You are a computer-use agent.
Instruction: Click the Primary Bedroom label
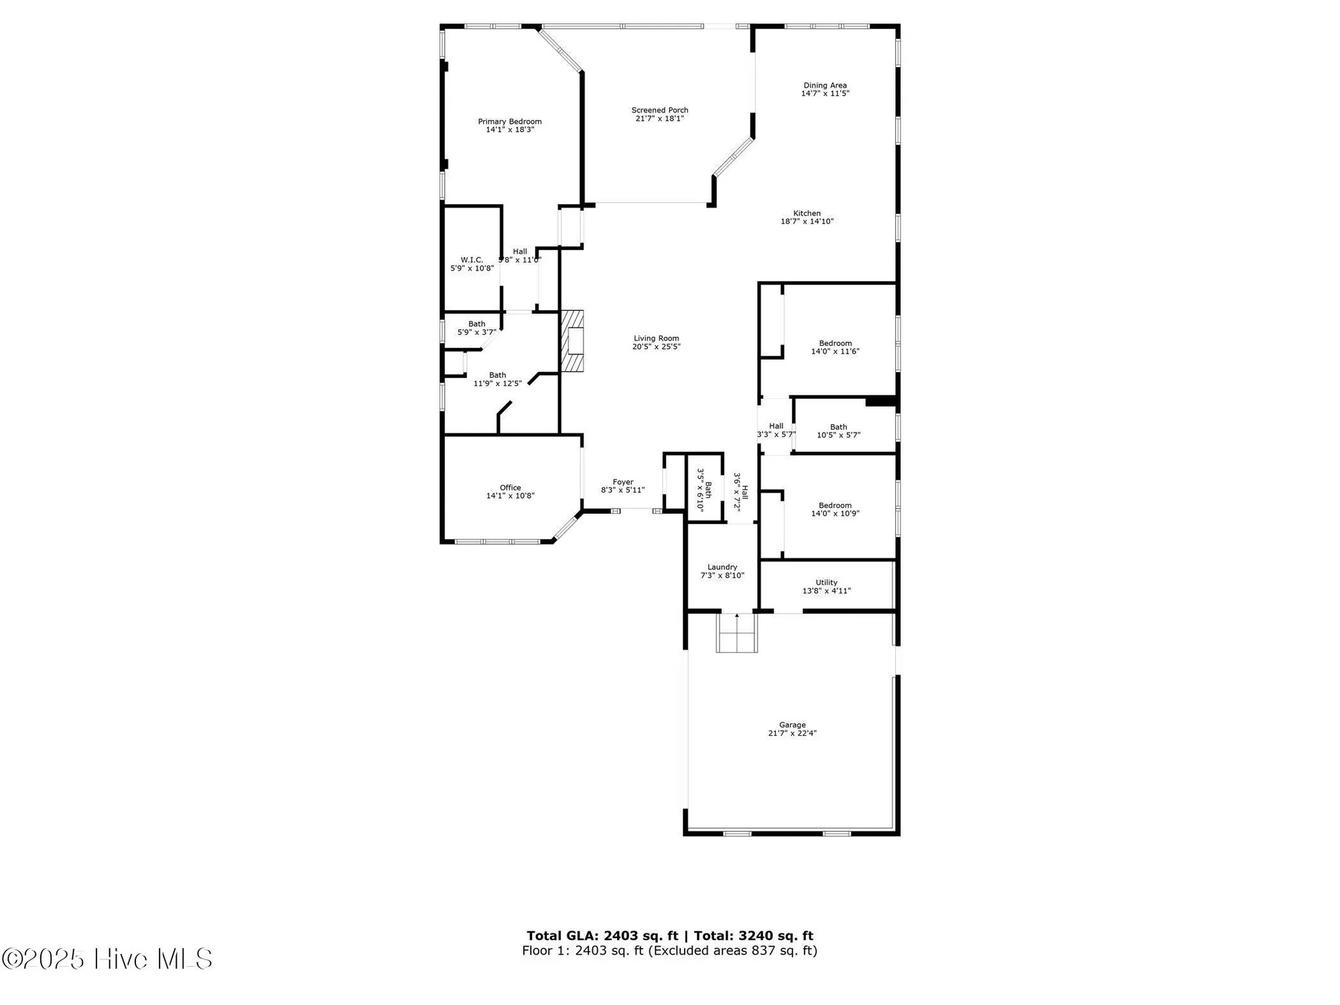[x=509, y=121]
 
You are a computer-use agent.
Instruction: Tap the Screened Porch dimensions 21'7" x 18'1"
[x=659, y=119]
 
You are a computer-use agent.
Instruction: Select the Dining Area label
[x=825, y=85]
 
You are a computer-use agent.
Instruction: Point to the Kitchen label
[x=807, y=213]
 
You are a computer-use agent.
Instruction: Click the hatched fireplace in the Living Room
[x=572, y=340]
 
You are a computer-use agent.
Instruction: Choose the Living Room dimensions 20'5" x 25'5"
[x=656, y=347]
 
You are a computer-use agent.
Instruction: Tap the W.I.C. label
[x=472, y=260]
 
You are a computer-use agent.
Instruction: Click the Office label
[x=510, y=487]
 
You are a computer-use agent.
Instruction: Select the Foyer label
[x=622, y=482]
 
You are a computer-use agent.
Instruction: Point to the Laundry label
[x=722, y=567]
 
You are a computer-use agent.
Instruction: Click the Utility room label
[x=826, y=582]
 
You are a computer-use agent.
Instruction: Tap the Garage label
[x=792, y=724]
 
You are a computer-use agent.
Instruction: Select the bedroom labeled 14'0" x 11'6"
[x=835, y=347]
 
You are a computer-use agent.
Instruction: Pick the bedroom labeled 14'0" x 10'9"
[x=835, y=509]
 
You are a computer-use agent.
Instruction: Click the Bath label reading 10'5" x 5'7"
[x=838, y=431]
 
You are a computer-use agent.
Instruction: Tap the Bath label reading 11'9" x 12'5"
[x=497, y=379]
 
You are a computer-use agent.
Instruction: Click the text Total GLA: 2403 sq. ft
[x=602, y=936]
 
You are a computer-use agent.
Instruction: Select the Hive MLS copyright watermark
[x=107, y=959]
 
